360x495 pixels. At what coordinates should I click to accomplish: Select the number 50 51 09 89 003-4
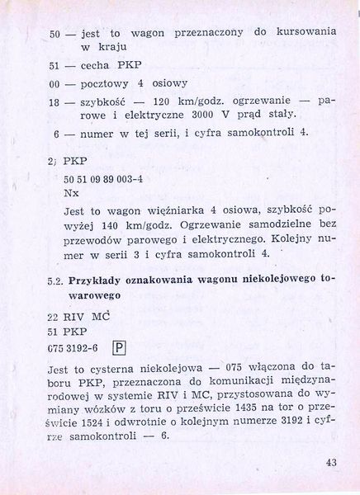(x=96, y=177)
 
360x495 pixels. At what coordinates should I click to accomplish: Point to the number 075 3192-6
(x=74, y=347)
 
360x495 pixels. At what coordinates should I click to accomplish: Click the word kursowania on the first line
(x=306, y=31)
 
